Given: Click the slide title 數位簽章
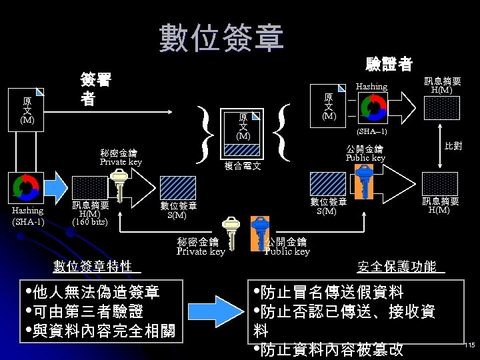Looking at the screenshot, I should pos(221,38).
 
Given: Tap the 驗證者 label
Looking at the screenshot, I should pos(389,64).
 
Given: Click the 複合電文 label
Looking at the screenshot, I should pos(242,166).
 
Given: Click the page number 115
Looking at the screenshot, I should pos(469,345).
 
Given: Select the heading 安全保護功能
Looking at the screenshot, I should pos(397,267).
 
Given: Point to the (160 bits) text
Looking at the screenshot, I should pos(89,222).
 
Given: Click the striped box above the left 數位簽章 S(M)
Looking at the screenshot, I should pos(177,187).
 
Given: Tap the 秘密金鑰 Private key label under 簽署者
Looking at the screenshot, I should pos(121,157).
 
